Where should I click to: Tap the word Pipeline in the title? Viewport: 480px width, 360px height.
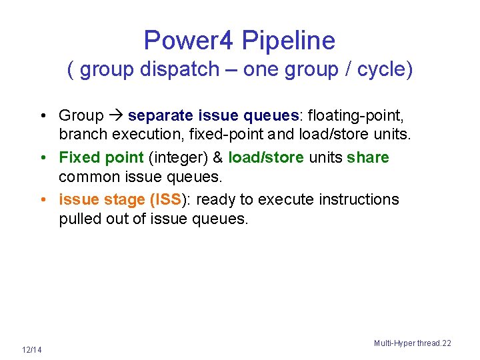[x=288, y=41]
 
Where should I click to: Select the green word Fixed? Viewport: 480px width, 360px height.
[x=78, y=157]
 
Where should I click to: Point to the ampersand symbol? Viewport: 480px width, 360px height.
[x=217, y=157]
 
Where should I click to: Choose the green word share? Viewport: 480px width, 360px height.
[x=368, y=157]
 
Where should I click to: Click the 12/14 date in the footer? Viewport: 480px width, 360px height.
[x=31, y=350]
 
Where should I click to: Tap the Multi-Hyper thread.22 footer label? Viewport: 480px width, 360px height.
[x=412, y=343]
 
